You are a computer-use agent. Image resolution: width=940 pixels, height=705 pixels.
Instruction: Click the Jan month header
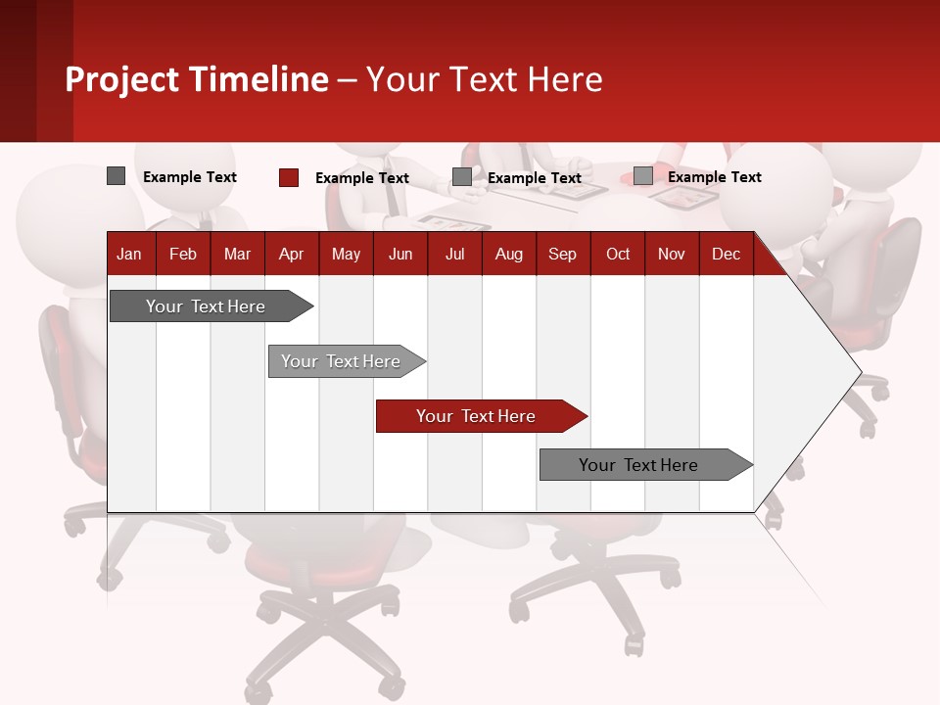[x=129, y=254]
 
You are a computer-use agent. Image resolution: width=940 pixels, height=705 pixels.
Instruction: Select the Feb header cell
[x=183, y=254]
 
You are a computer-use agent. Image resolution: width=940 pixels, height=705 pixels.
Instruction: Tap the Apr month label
[x=291, y=254]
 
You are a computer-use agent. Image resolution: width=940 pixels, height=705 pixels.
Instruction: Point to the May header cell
[x=346, y=254]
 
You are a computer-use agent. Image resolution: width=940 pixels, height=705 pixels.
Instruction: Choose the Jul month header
[x=454, y=254]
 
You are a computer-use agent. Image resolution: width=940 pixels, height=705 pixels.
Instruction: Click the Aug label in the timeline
[x=508, y=254]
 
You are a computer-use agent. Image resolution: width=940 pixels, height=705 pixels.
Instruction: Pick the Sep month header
[x=562, y=254]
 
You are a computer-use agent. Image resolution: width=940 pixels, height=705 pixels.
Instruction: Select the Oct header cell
[x=618, y=254]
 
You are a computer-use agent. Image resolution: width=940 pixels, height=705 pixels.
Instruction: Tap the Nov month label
[x=672, y=254]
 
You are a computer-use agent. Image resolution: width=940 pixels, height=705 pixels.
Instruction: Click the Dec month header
[x=726, y=254]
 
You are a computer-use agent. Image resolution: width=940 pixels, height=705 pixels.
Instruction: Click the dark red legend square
[x=289, y=177]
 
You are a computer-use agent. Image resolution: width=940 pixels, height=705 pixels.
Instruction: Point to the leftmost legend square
[x=116, y=176]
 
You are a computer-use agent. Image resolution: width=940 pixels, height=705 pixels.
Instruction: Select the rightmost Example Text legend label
[x=714, y=177]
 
